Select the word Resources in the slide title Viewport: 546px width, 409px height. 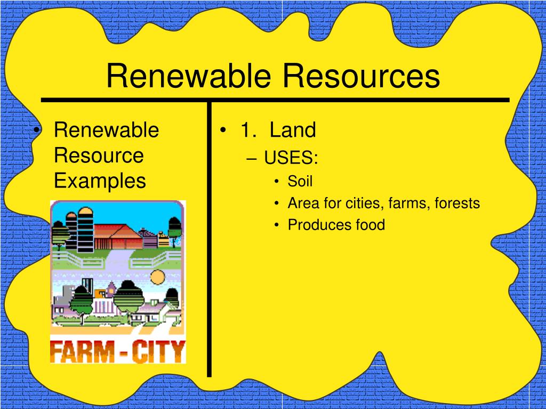click(x=362, y=76)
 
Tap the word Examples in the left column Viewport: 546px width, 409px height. click(x=100, y=181)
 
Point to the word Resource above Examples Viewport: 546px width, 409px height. click(x=99, y=156)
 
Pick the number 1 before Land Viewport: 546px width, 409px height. click(x=246, y=130)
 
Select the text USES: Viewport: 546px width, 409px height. click(x=291, y=158)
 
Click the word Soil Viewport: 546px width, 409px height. click(x=300, y=181)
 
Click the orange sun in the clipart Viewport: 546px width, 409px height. click(x=158, y=276)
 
